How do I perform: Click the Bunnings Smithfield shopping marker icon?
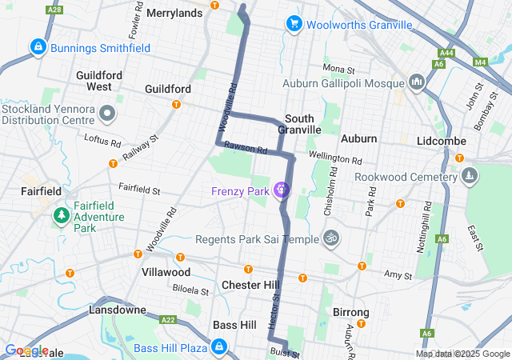pyautogui.click(x=38, y=48)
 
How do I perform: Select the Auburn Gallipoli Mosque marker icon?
pyautogui.click(x=416, y=82)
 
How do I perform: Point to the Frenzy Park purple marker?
pyautogui.click(x=281, y=190)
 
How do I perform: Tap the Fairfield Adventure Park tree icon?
pyautogui.click(x=61, y=215)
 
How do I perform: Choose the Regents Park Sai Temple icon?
pyautogui.click(x=330, y=238)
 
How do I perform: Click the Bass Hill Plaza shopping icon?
pyautogui.click(x=218, y=347)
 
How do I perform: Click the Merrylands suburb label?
pyautogui.click(x=174, y=14)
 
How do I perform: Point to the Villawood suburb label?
pyautogui.click(x=166, y=272)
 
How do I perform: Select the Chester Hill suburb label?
pyautogui.click(x=250, y=285)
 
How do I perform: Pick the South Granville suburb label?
pyautogui.click(x=300, y=124)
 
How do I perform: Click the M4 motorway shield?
pyautogui.click(x=479, y=62)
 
